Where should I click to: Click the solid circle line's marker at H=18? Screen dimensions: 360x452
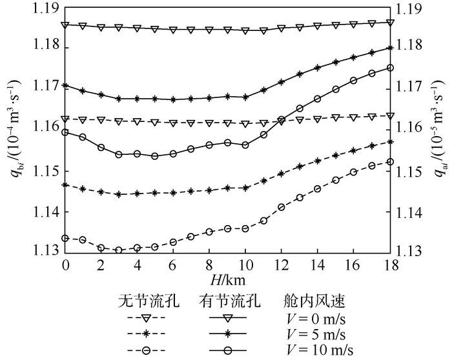pos(390,67)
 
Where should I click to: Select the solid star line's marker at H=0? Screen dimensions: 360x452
pos(65,85)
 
